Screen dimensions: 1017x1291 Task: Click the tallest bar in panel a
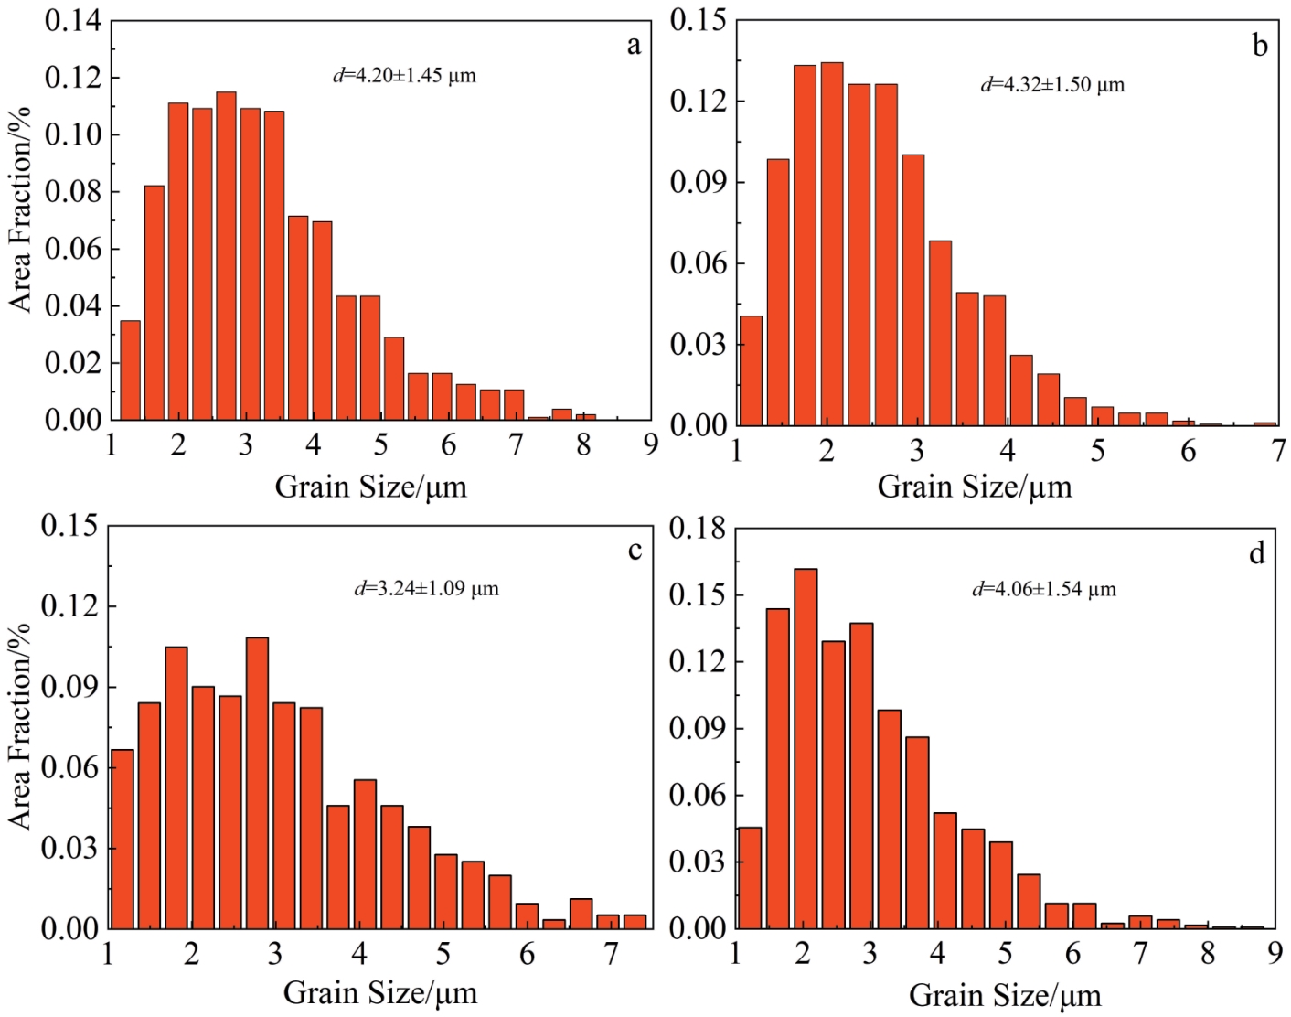pos(226,256)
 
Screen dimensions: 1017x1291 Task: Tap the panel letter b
pos(1260,46)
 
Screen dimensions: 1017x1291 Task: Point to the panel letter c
pos(635,550)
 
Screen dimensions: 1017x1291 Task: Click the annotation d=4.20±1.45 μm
pos(404,75)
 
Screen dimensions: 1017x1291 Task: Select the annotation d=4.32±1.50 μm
pos(1052,85)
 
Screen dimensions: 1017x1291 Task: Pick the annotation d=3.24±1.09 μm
pos(427,588)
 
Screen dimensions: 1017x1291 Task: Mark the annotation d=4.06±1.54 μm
pos(1044,589)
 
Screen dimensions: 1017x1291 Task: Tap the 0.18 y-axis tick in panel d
pos(698,528)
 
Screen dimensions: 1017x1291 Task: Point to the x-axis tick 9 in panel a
pos(650,445)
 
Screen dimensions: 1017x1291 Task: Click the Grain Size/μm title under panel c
pos(379,992)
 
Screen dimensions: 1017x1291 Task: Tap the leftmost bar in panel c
pos(123,839)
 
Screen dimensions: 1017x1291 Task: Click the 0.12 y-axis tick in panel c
pos(70,606)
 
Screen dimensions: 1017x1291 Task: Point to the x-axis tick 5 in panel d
pos(1005,954)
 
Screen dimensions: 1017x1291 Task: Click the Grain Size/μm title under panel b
pos(975,487)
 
